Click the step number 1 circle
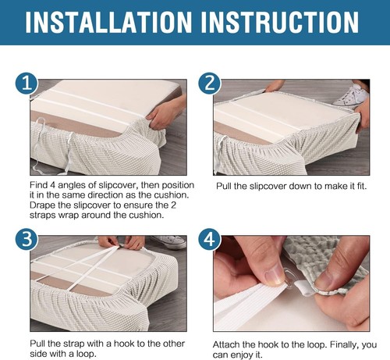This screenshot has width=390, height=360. pyautogui.click(x=27, y=83)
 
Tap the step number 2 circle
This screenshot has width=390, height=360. pyautogui.click(x=210, y=84)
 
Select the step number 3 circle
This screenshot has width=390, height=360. pyautogui.click(x=27, y=240)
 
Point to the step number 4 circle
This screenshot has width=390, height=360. pyautogui.click(x=210, y=240)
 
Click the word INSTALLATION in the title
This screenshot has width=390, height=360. pyautogui.click(x=108, y=23)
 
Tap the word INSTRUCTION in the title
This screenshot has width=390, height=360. pyautogui.click(x=280, y=23)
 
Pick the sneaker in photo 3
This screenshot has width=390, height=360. pyautogui.click(x=169, y=242)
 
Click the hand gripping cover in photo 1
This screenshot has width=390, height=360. pyautogui.click(x=167, y=112)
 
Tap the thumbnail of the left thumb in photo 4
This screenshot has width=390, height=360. pyautogui.click(x=275, y=277)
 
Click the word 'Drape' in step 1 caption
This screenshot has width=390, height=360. pyautogui.click(x=42, y=205)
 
